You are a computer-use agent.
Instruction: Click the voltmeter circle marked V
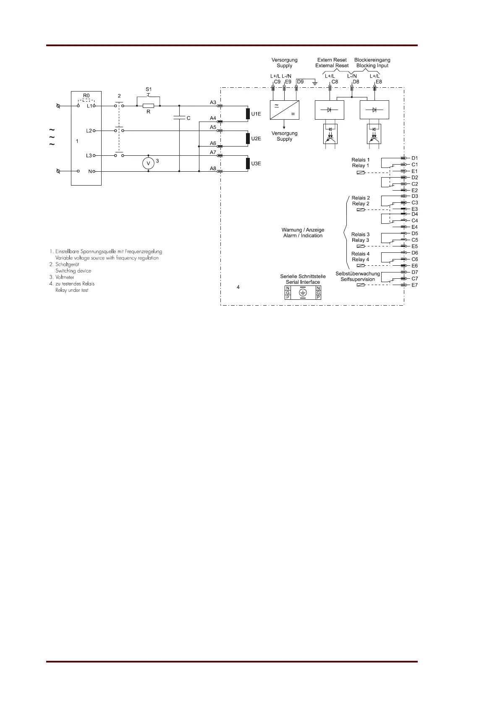148,163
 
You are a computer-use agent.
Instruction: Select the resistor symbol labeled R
148,106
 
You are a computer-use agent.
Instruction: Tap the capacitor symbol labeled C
179,118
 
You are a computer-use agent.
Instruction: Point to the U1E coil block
248,114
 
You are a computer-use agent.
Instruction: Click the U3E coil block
248,163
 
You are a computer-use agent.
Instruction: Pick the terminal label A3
213,102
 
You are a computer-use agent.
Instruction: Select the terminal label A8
213,169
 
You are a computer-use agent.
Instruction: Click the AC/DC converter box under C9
284,110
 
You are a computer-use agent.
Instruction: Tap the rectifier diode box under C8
329,110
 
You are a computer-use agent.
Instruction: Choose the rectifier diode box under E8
374,110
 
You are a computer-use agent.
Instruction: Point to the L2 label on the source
89,131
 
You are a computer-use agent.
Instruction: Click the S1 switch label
149,89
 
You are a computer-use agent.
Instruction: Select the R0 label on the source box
86,96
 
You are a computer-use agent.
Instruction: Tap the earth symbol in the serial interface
303,293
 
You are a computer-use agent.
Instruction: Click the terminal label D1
415,158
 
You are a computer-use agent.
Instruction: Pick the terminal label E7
415,285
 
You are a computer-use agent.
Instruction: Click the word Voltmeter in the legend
65,278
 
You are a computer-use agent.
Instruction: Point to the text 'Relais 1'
361,160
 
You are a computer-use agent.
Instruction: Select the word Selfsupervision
358,280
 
